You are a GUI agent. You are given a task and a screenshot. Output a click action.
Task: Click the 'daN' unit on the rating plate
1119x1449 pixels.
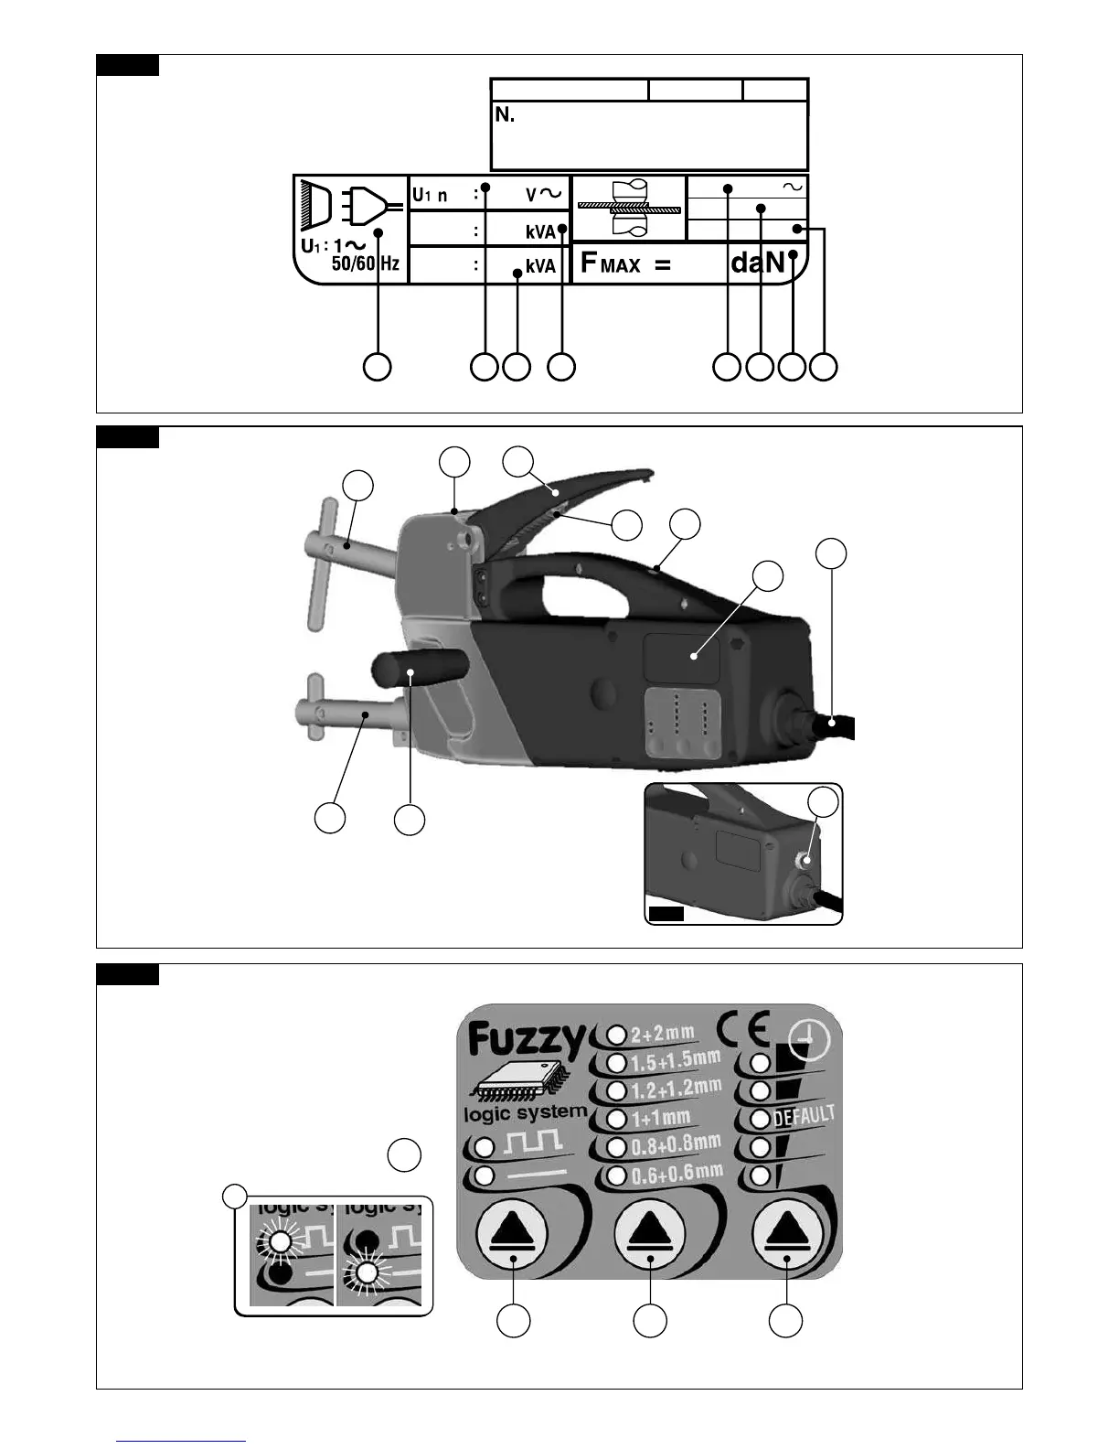(x=757, y=263)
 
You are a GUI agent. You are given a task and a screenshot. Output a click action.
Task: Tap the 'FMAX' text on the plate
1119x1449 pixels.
(x=611, y=264)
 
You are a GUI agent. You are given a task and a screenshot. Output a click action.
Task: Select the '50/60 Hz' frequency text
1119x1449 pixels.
(x=365, y=264)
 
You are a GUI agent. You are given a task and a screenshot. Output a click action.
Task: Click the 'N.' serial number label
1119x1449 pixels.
(x=505, y=115)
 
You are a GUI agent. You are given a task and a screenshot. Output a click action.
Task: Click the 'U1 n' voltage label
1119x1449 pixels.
(x=430, y=194)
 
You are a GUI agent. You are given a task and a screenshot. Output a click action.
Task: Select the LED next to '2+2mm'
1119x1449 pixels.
(x=617, y=1035)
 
